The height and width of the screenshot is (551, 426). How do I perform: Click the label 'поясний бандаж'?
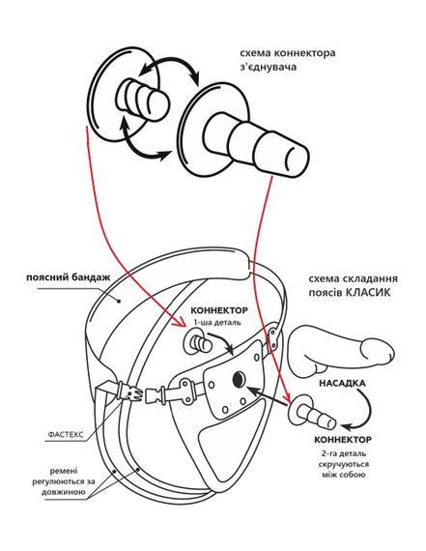pos(69,277)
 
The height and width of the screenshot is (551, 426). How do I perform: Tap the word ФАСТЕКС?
pos(66,435)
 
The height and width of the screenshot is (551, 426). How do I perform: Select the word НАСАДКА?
pos(342,383)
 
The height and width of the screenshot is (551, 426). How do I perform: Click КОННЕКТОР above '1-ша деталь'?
pos(218,310)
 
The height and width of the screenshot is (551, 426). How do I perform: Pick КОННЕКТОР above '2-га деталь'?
pos(342,440)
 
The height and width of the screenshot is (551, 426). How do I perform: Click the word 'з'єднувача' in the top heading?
pos(268,67)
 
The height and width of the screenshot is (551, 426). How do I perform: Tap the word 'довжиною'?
pos(64,492)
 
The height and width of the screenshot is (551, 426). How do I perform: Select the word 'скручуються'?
pos(344,464)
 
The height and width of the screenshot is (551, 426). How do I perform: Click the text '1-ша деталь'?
pos(217,322)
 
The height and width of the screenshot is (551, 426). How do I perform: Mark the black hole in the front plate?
pos(239,378)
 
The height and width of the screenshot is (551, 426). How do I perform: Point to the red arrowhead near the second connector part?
pos(287,397)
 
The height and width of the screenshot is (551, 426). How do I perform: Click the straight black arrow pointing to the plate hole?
pos(267,396)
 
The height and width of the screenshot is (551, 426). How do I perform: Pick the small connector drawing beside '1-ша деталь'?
pos(197,342)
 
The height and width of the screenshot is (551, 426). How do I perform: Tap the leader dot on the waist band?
pos(119,301)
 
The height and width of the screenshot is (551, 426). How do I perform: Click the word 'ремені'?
pos(64,471)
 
